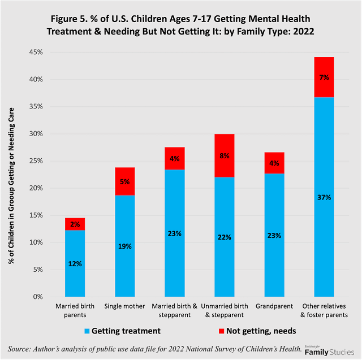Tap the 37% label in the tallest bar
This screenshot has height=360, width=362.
tap(324, 197)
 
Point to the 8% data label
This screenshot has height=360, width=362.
tap(225, 155)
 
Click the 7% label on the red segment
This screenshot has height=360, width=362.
tap(324, 77)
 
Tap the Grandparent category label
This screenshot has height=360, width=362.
tap(274, 306)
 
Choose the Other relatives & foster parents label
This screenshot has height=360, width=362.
tap(324, 310)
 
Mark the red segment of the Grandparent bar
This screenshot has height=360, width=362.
tap(274, 163)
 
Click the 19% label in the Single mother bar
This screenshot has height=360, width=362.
tap(124, 246)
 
